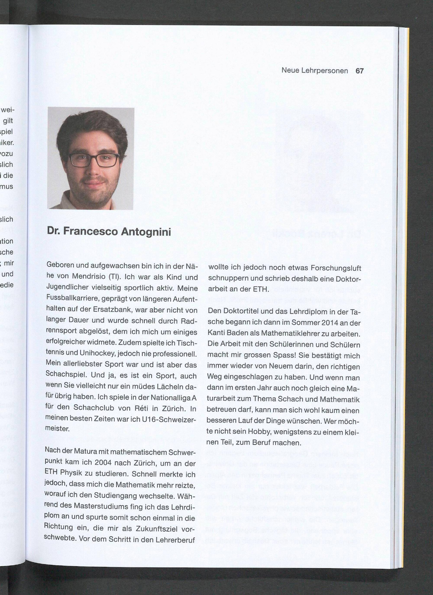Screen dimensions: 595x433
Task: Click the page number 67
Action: [x=360, y=71]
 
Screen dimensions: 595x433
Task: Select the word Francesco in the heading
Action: [x=90, y=231]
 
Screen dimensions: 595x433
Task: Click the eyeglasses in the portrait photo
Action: [x=94, y=160]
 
